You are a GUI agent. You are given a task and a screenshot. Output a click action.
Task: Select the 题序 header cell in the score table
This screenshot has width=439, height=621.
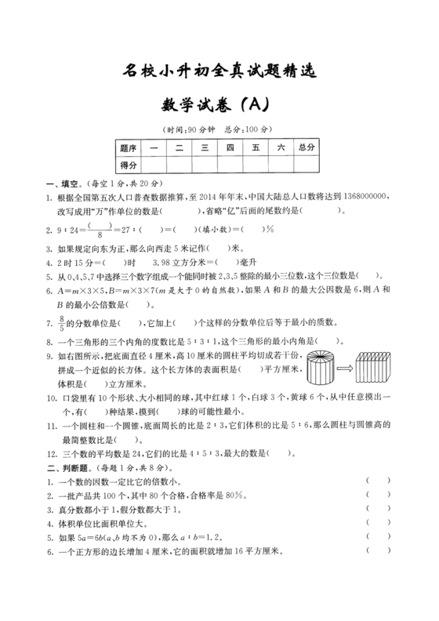pos(129,147)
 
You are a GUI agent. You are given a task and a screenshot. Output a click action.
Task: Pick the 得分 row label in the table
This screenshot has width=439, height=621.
pos(129,165)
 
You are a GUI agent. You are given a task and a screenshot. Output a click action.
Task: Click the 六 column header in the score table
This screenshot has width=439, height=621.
pos(279,147)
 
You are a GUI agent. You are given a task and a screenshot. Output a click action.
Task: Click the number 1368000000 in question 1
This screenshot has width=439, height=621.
pos(360,198)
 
